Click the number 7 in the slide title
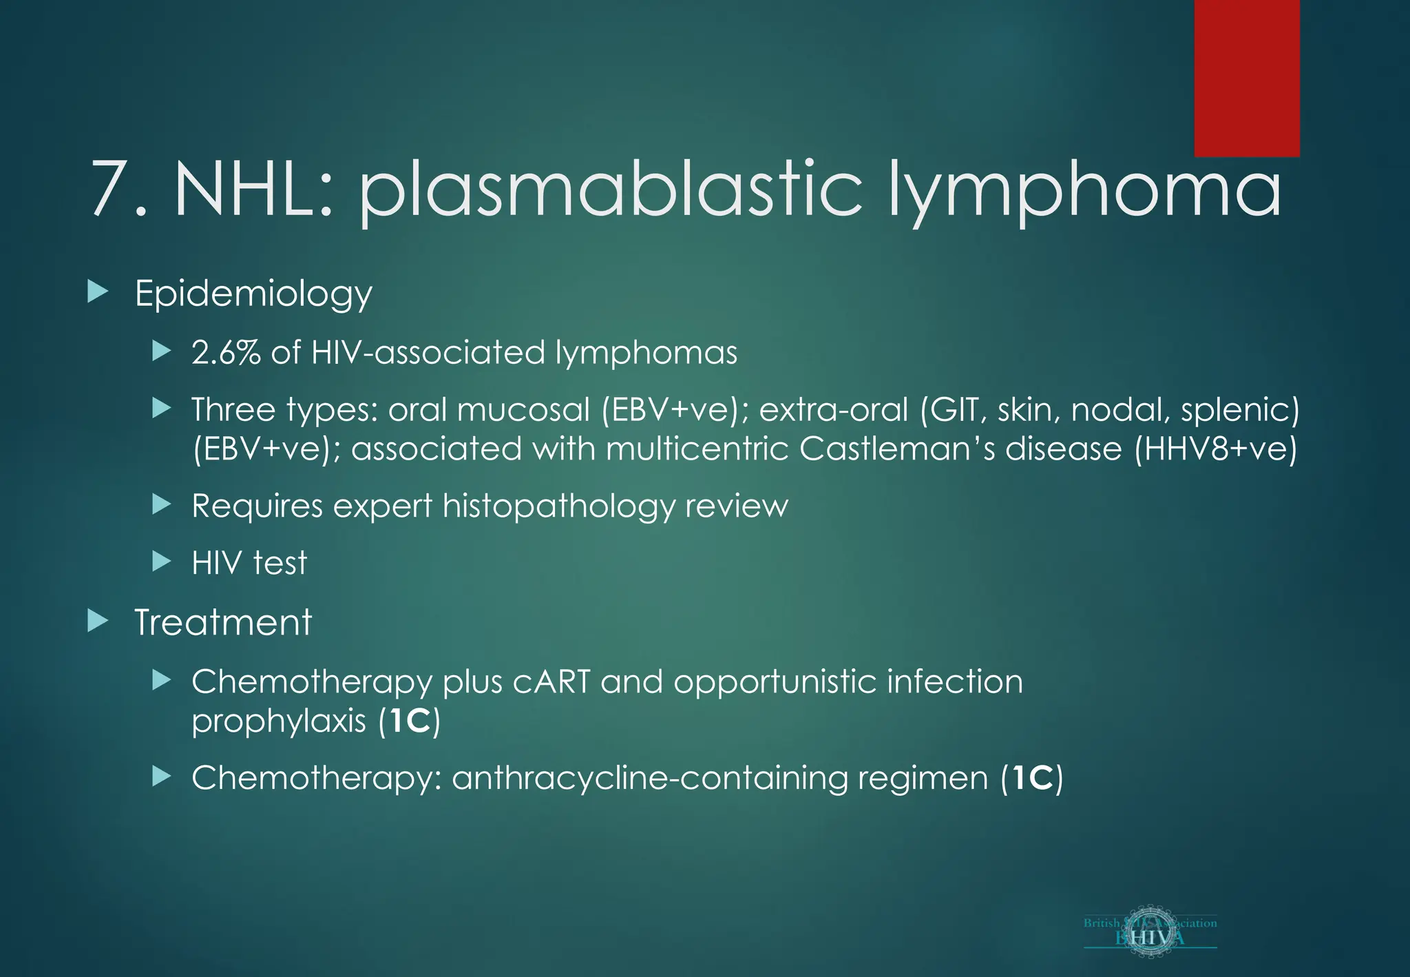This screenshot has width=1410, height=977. [109, 189]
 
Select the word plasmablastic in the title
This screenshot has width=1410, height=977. [609, 190]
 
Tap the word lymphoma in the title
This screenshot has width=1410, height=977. [1084, 190]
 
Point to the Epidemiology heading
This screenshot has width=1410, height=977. [253, 294]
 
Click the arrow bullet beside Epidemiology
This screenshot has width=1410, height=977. [98, 292]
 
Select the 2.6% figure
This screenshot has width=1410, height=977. [226, 353]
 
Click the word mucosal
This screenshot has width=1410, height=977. [523, 410]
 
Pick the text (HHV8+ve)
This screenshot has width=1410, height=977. [1215, 449]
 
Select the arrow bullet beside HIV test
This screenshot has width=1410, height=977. [161, 562]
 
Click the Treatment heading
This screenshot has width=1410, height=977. [223, 623]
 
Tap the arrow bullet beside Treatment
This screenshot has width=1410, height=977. [98, 621]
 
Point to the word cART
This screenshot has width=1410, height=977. [551, 682]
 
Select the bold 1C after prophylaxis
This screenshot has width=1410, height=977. [410, 721]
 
